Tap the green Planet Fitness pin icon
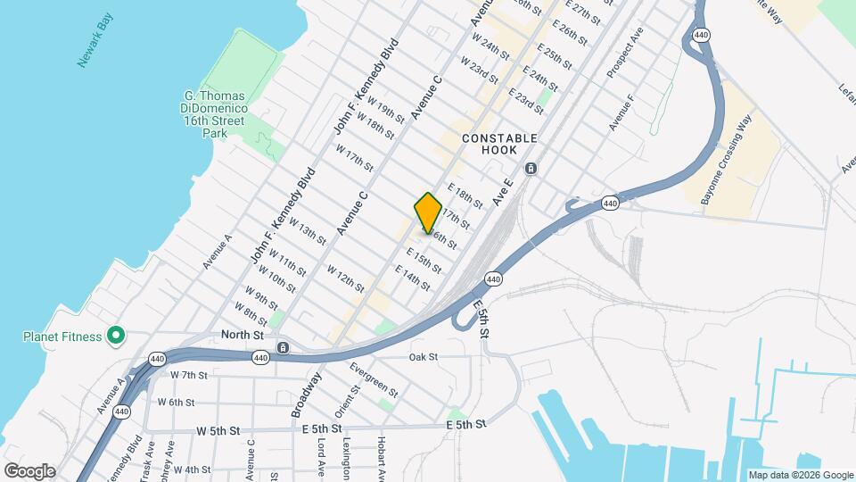click(x=115, y=337)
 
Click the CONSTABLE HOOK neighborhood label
click(x=499, y=144)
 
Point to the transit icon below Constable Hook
click(x=531, y=169)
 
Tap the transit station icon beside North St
click(x=283, y=348)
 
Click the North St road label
click(x=243, y=335)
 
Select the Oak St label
click(x=424, y=357)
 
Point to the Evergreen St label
click(x=374, y=378)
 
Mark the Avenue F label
click(x=621, y=112)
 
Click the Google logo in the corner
click(x=29, y=470)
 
